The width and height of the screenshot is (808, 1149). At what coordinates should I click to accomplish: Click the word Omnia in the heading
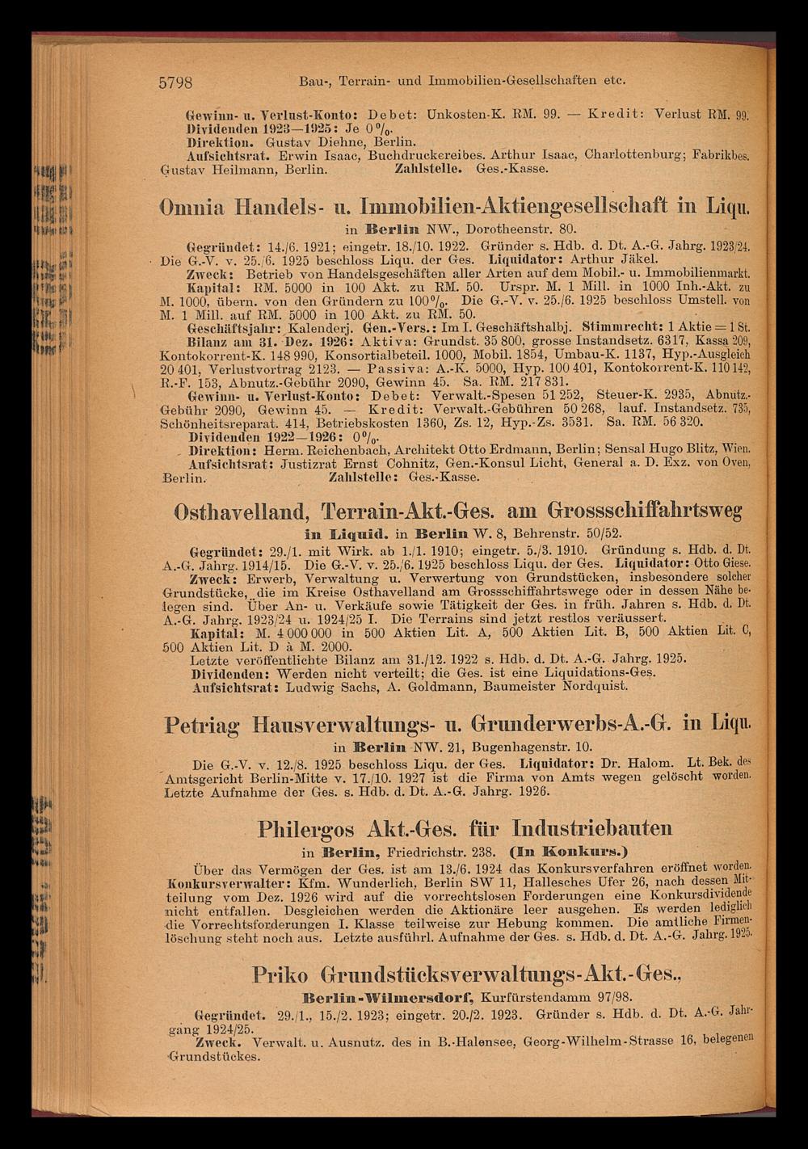tap(190, 207)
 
